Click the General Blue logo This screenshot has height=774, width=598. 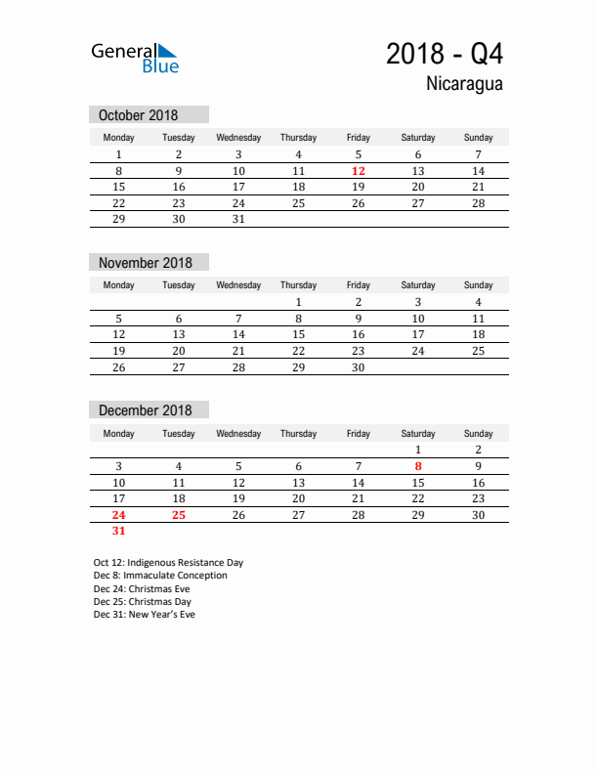(x=135, y=58)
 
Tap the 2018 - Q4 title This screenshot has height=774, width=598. (x=445, y=53)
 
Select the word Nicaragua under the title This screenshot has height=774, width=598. (x=464, y=84)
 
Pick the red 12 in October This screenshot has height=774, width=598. (x=359, y=171)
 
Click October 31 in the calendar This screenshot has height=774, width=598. (x=238, y=220)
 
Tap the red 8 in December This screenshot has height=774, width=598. (x=418, y=466)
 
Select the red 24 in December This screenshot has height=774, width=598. (x=119, y=515)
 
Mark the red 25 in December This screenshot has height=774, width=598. (x=179, y=515)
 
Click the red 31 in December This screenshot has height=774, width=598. (x=119, y=532)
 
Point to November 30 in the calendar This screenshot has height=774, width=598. (x=359, y=367)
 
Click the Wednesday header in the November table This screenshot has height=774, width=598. (x=238, y=285)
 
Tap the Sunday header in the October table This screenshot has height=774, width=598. (x=478, y=138)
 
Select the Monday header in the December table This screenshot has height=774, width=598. (x=119, y=434)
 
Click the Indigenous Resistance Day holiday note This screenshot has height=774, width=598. (x=168, y=563)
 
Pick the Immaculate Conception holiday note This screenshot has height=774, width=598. (x=160, y=576)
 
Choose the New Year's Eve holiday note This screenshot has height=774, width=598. (x=145, y=615)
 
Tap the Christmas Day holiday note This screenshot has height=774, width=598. (x=143, y=602)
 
